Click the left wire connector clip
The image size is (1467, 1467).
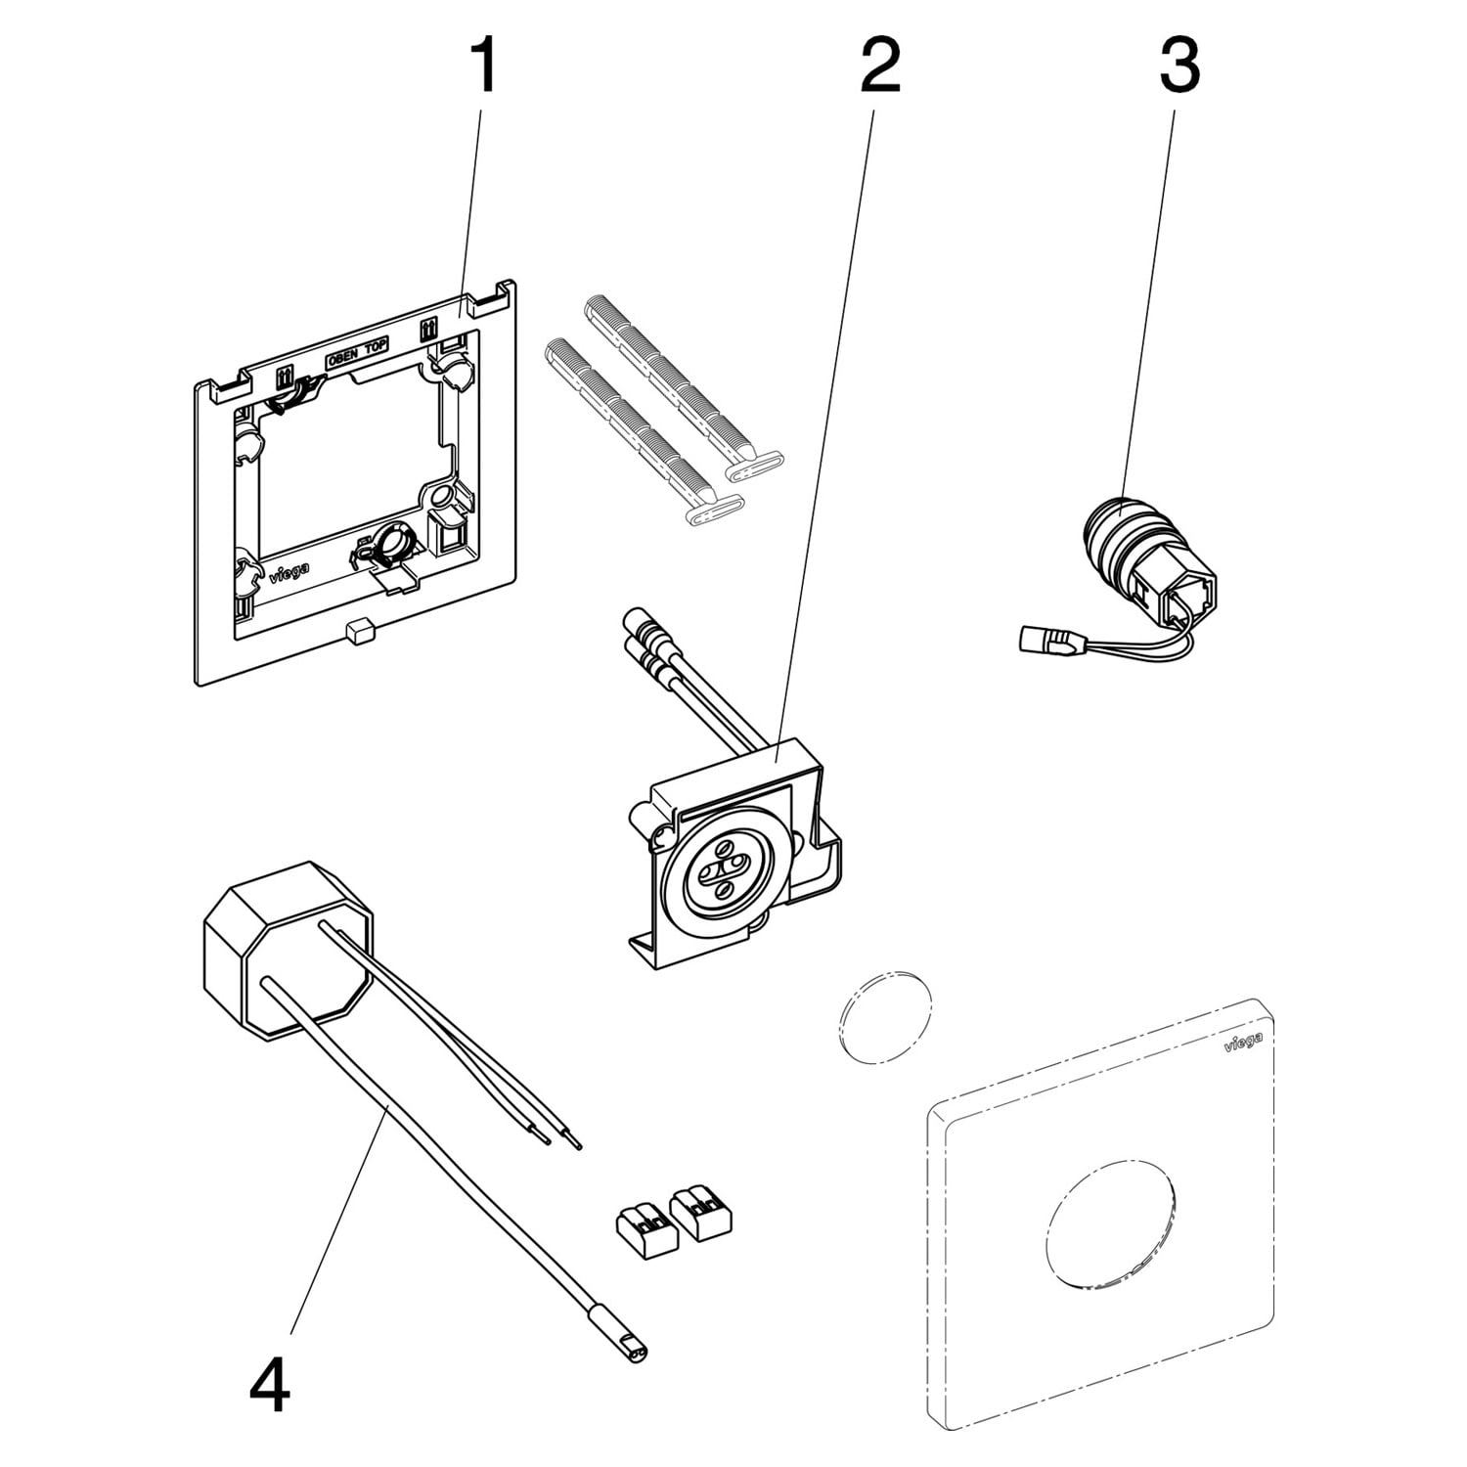[646, 1228]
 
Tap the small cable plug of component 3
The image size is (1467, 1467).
[1044, 641]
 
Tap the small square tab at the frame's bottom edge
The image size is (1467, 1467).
[360, 629]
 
